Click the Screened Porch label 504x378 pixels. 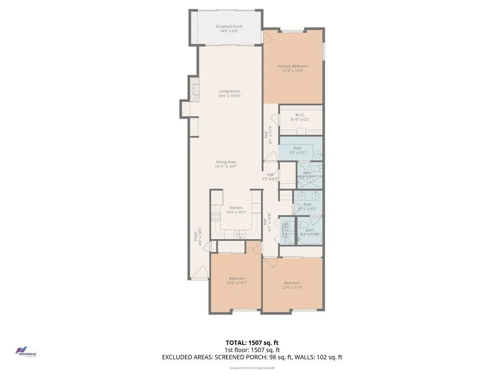(x=229, y=27)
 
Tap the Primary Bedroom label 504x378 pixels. (x=292, y=66)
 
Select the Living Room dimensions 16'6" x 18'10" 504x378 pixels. (x=229, y=96)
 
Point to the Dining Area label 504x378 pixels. (x=225, y=162)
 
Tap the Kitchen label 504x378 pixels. (x=236, y=208)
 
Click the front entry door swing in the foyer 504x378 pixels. (x=200, y=272)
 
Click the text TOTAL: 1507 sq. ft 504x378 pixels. (x=252, y=342)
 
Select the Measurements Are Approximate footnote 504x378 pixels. (x=252, y=368)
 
